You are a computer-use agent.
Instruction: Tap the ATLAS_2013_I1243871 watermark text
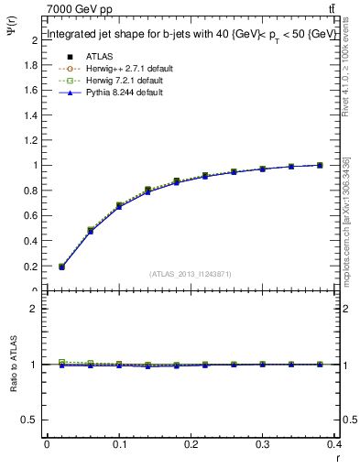(191, 274)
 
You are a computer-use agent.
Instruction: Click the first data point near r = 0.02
(61, 267)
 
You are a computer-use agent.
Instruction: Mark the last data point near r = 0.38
(320, 165)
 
